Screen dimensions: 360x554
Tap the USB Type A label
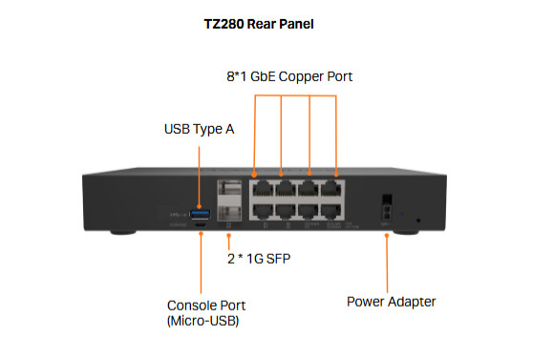[x=199, y=128]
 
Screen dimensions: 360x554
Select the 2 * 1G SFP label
[x=259, y=258]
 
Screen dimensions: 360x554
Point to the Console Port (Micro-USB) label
[x=202, y=312]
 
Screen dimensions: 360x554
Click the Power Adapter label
[x=391, y=301]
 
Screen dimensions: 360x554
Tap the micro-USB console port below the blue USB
[x=201, y=223]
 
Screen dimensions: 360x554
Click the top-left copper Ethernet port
[x=258, y=187]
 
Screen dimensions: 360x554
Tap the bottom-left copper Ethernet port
[x=258, y=210]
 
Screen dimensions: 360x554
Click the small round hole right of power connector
[x=418, y=221]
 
